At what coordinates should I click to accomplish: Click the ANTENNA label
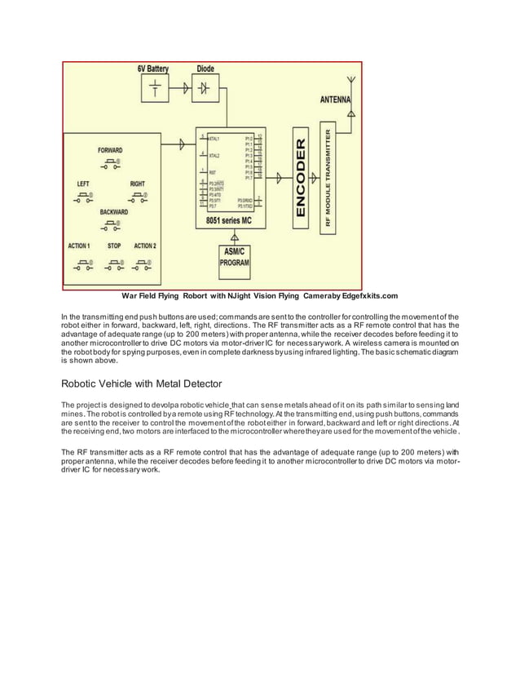click(333, 99)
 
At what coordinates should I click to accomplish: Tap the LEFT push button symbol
click(83, 198)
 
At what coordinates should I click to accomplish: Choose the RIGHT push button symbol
click(138, 198)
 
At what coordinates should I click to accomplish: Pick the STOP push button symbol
click(114, 264)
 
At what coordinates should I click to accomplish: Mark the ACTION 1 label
click(79, 245)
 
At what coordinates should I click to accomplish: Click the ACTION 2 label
click(145, 245)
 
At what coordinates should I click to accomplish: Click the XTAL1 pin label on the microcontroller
click(214, 139)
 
